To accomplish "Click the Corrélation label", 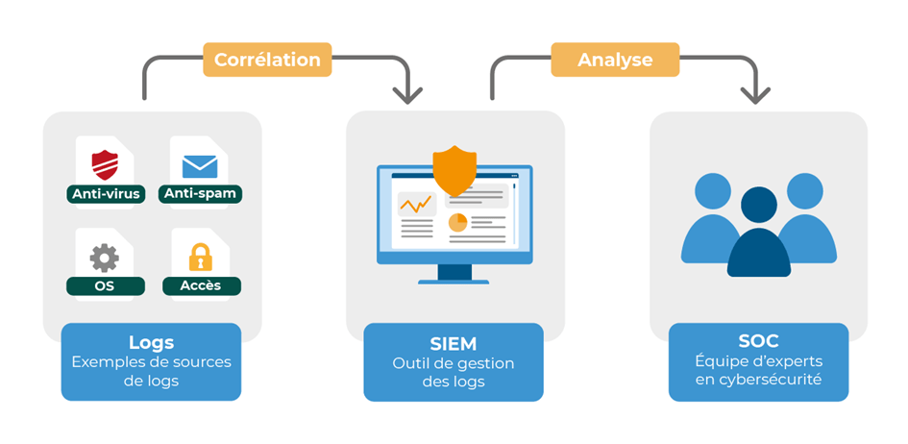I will click(x=267, y=60).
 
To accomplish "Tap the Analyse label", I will click(x=615, y=60).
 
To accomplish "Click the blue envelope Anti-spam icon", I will click(x=200, y=165).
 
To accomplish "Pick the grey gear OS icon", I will click(x=105, y=258).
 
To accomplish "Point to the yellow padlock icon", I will click(x=200, y=258).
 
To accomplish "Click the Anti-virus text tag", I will click(x=106, y=194).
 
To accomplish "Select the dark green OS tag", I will click(x=105, y=285).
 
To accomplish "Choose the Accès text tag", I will click(x=200, y=285).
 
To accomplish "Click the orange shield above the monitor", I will click(x=454, y=170).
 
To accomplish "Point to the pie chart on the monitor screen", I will click(x=457, y=223).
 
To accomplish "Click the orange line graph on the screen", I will click(x=416, y=205).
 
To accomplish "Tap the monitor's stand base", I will click(x=454, y=280).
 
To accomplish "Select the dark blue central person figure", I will click(x=759, y=235).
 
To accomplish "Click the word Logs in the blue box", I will click(x=151, y=342).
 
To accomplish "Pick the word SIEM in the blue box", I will click(x=454, y=343).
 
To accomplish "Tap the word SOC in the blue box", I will click(x=759, y=341).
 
